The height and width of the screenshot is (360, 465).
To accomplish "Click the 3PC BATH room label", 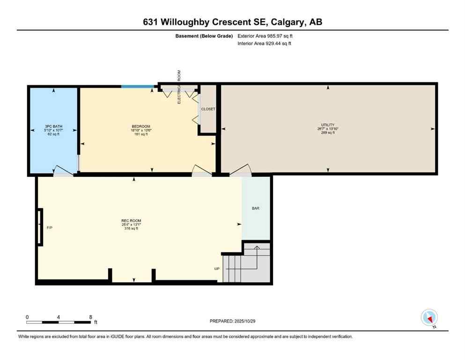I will tap(54, 127).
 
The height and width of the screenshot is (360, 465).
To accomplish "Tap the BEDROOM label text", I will tap(141, 127).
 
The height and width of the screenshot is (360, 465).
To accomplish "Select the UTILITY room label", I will tap(328, 125).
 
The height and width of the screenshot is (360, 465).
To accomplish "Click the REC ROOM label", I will tap(131, 221).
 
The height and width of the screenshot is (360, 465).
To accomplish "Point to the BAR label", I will tap(256, 208).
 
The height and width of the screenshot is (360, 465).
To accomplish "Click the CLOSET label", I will tap(208, 109).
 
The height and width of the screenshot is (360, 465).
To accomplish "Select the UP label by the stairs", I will tap(217, 269).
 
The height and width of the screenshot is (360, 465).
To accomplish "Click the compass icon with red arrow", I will tap(429, 318).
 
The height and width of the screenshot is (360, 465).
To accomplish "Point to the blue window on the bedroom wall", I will tap(138, 86).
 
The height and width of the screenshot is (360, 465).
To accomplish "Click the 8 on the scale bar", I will tap(90, 317).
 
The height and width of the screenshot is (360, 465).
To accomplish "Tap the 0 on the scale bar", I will tap(28, 317).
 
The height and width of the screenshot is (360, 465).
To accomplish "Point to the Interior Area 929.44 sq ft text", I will tap(265, 44).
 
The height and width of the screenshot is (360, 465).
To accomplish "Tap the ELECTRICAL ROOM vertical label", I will tap(179, 87).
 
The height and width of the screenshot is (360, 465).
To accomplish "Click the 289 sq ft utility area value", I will tap(328, 133).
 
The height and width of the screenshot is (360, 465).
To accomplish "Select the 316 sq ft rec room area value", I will tap(131, 229).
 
